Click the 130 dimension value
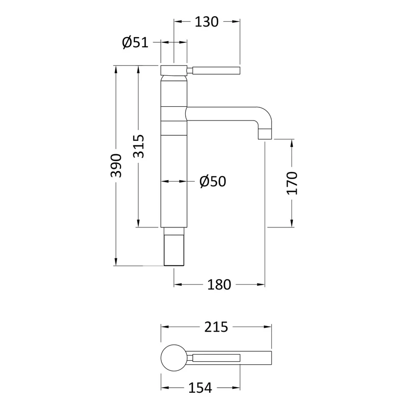click(207, 22)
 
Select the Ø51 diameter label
click(135, 42)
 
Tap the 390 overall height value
click(116, 166)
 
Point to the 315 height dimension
click(138, 146)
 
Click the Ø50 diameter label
click(213, 181)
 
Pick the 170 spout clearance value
click(292, 183)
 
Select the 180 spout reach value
click(219, 285)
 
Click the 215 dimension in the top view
click(216, 327)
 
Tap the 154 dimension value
click(200, 388)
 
